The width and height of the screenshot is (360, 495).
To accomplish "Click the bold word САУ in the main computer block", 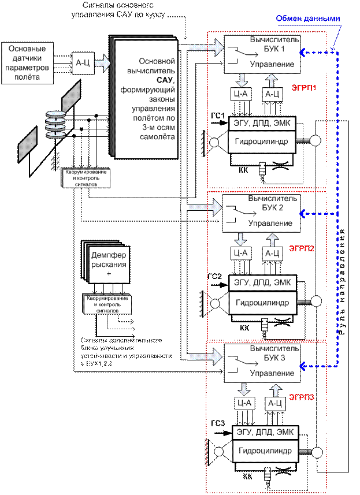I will pyautogui.click(x=149, y=79).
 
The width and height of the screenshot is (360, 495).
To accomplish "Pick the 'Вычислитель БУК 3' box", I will pyautogui.click(x=263, y=362).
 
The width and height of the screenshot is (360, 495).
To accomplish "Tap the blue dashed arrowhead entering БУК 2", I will pyautogui.click(x=304, y=214).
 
